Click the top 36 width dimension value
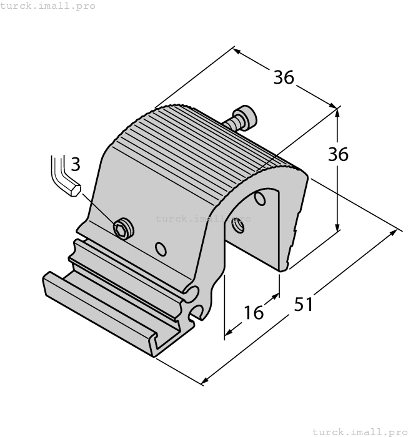283,77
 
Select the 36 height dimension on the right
338,154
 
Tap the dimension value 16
254,312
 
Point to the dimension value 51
304,304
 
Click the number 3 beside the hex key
75,164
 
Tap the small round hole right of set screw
161,250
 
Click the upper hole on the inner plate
260,199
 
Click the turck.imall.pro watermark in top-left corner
48,6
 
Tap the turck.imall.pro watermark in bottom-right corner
359,431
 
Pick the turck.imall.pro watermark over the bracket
202,219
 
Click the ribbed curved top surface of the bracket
200,144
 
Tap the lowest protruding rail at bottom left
94,312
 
